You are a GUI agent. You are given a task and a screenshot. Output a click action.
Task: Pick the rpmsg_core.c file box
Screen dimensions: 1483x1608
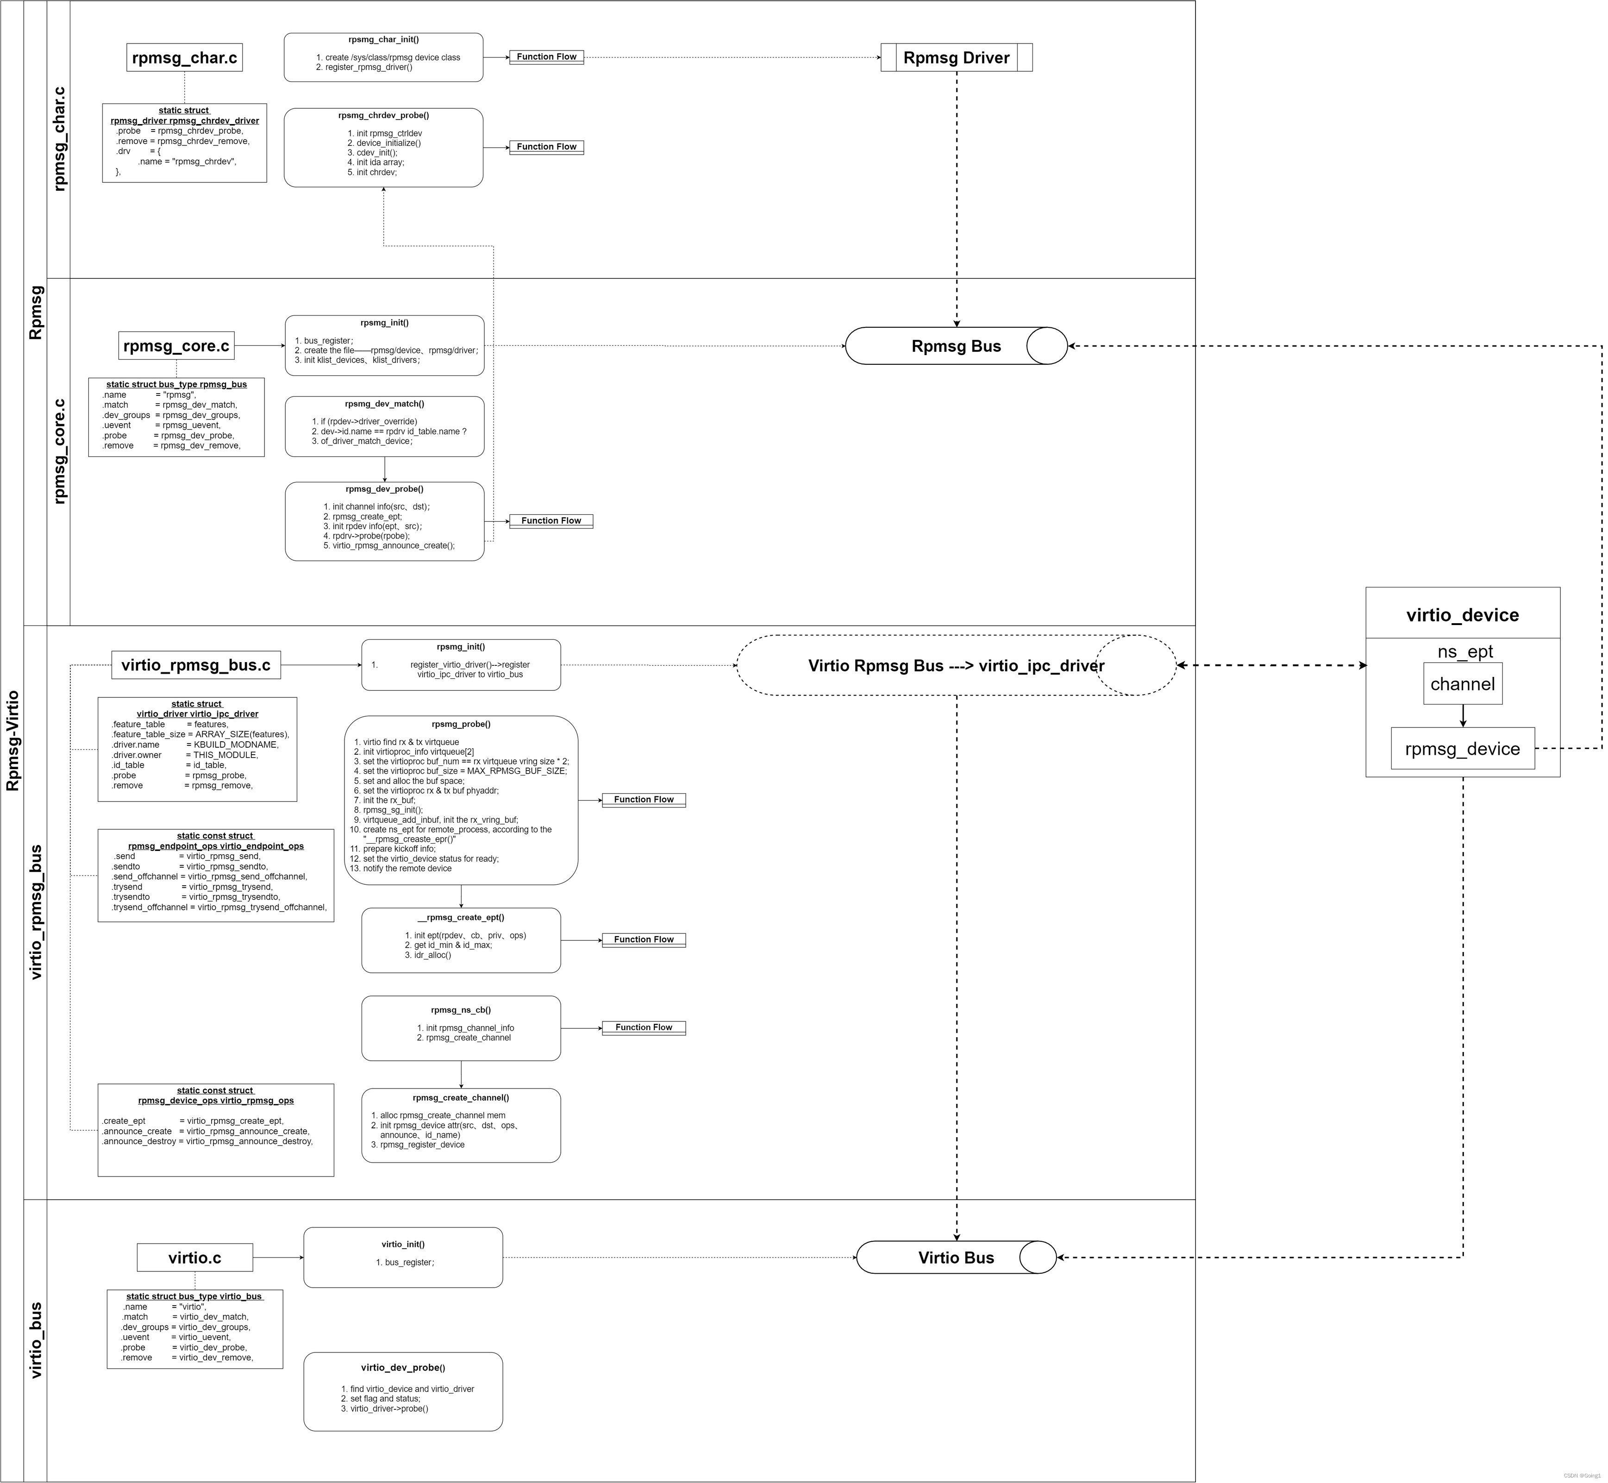(x=176, y=346)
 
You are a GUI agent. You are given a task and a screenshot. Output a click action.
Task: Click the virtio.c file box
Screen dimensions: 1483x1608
(x=195, y=1258)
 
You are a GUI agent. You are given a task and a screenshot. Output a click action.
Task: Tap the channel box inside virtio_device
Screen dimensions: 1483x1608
(x=1462, y=684)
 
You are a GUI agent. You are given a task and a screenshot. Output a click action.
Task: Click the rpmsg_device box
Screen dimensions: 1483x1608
(x=1462, y=749)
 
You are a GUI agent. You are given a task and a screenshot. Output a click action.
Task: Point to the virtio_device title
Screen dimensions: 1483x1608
(x=1462, y=615)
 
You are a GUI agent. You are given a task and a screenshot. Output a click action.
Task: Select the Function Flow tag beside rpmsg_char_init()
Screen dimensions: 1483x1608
(x=546, y=57)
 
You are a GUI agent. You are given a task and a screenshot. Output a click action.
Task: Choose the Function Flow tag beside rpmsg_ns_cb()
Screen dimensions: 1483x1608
(x=644, y=1027)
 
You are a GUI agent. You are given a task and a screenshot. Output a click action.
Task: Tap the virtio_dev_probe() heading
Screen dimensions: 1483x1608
(x=403, y=1367)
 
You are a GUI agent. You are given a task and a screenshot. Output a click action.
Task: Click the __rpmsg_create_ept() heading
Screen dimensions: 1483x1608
(x=461, y=917)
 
